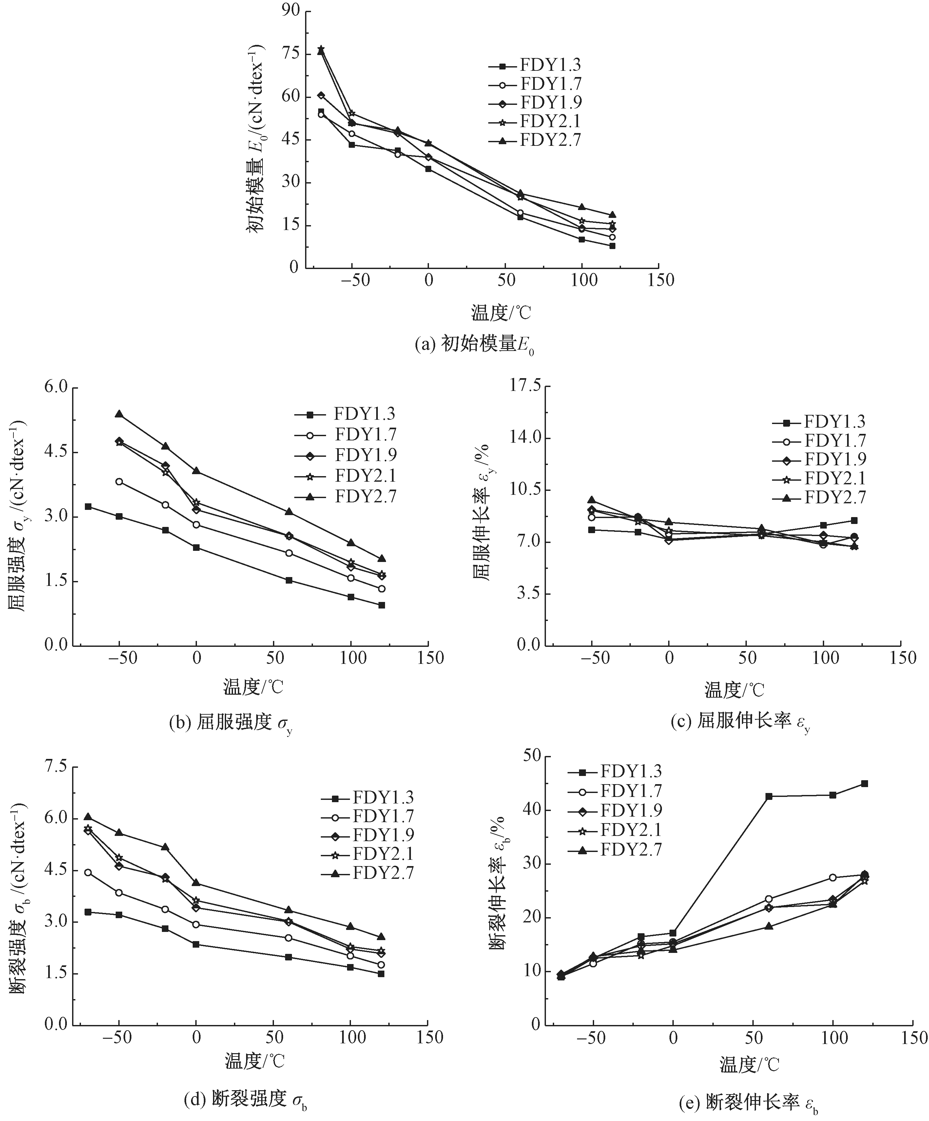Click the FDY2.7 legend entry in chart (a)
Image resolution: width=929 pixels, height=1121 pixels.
(x=550, y=140)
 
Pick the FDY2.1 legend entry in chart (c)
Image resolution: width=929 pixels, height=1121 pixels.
(x=835, y=478)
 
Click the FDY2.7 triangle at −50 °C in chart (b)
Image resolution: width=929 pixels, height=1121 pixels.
(x=119, y=414)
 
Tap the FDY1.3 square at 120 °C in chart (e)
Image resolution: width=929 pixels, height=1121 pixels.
(x=864, y=783)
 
